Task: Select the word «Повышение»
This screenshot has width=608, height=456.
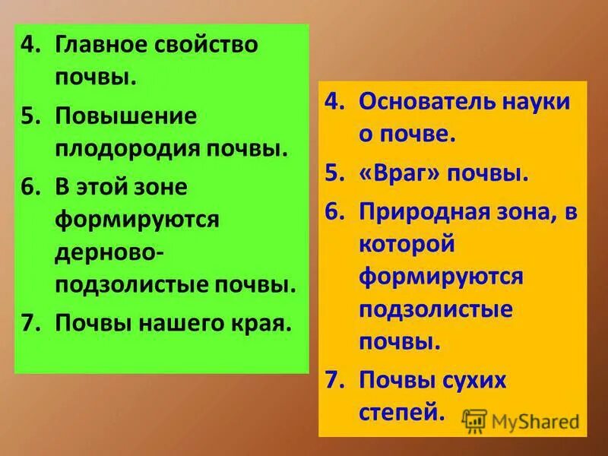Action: coord(125,116)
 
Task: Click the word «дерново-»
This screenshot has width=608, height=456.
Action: coord(107,252)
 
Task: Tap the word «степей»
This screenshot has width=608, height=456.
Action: coord(400,413)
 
